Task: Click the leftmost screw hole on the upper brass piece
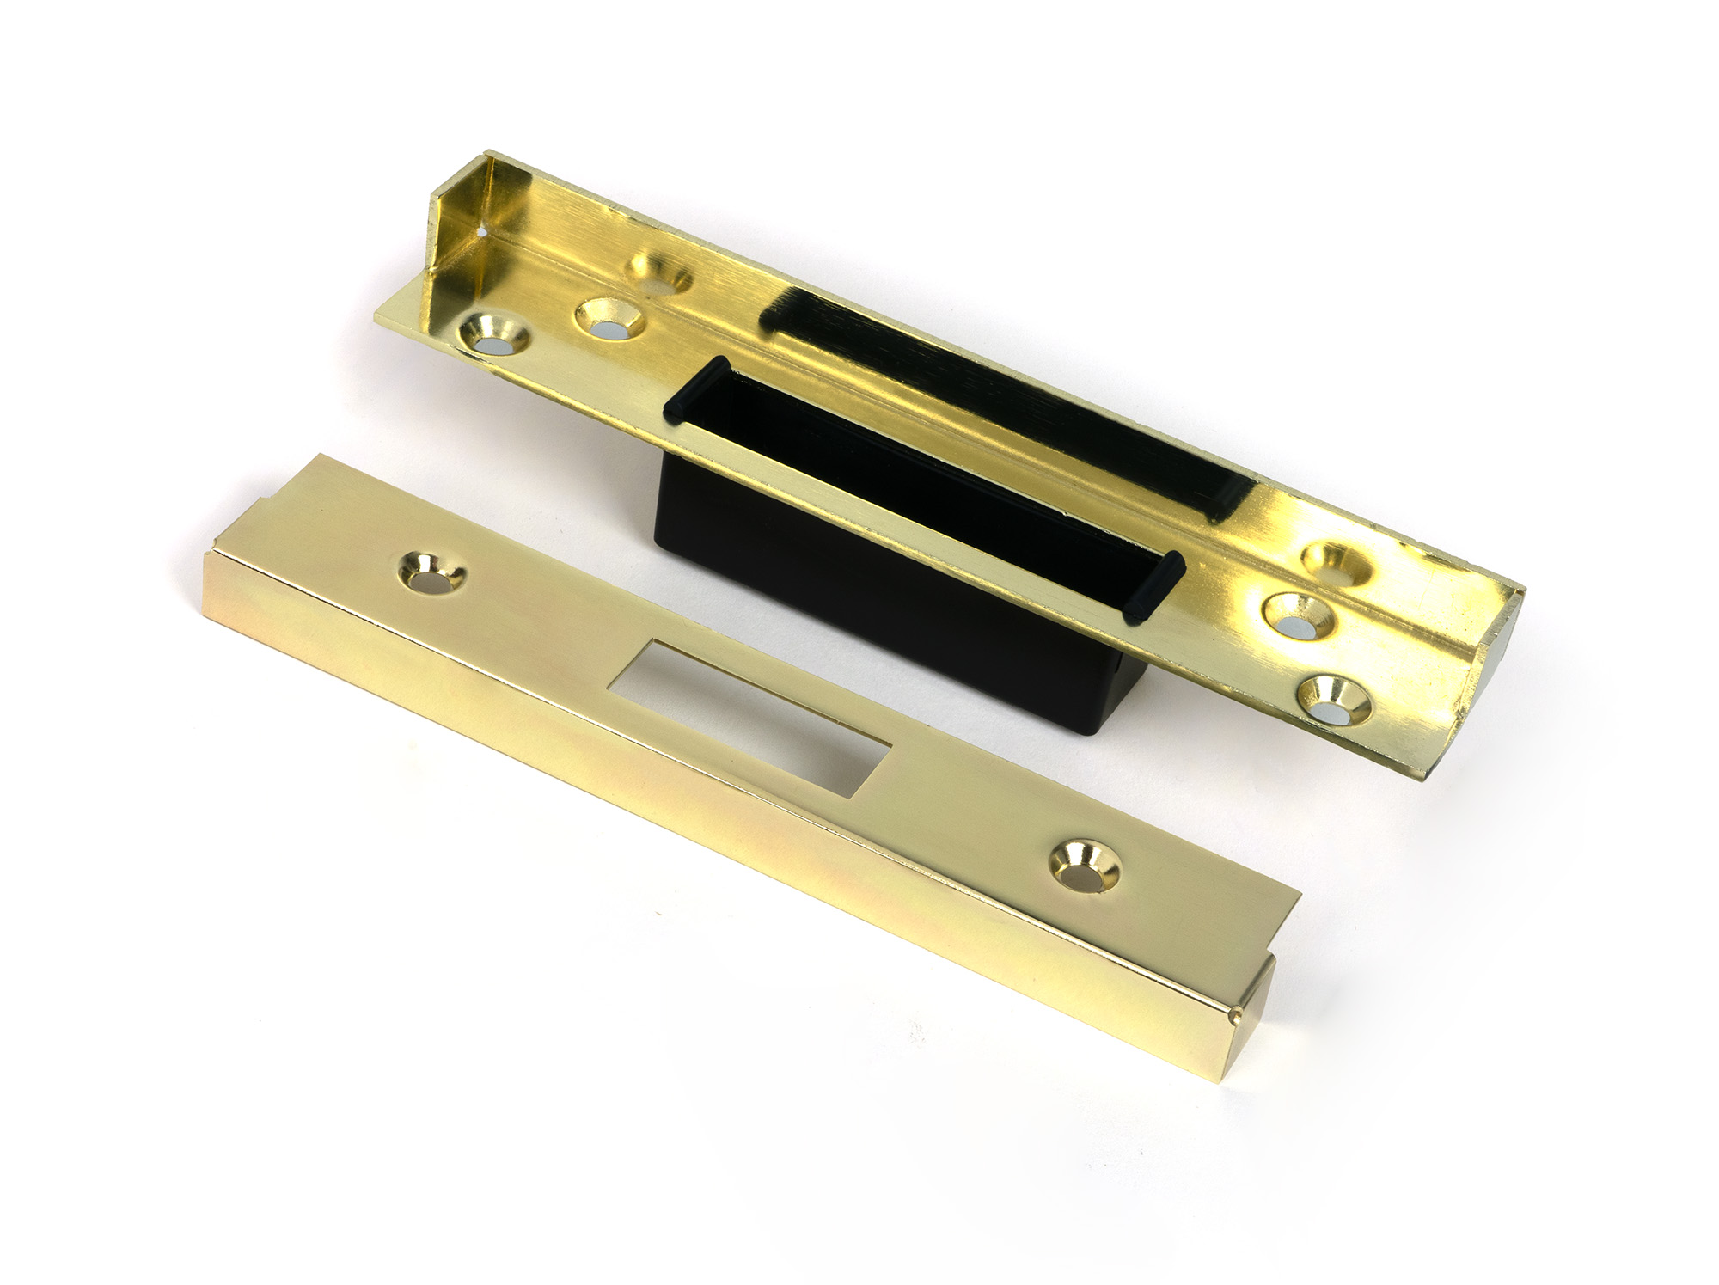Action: coord(496,337)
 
